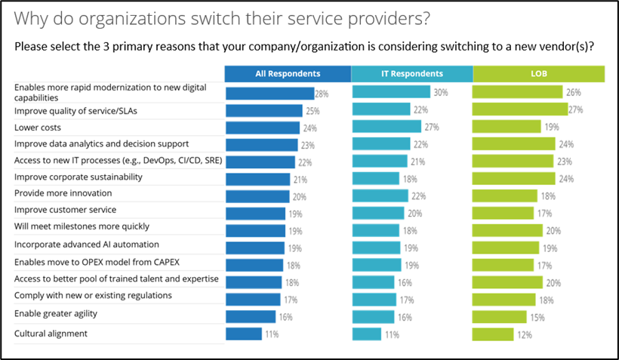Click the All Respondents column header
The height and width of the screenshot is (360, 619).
tap(288, 73)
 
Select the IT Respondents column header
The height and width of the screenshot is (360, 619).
tap(412, 73)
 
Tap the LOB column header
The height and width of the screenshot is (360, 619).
tap(539, 73)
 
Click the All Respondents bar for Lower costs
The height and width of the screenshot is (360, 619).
tap(263, 127)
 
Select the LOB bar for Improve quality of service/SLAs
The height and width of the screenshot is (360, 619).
tap(520, 109)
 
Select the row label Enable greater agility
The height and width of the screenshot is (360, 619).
tap(56, 313)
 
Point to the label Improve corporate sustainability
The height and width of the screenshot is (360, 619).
tap(79, 177)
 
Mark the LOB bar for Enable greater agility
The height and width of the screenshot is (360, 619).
tap(500, 316)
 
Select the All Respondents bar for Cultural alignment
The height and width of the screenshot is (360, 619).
tap(243, 334)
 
